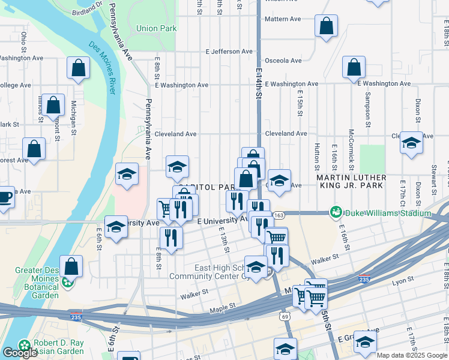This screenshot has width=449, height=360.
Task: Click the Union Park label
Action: click(156, 28)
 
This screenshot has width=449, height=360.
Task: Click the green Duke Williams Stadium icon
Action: click(335, 212)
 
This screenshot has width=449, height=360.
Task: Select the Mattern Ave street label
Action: click(283, 19)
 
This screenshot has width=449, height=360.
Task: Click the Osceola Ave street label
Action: click(283, 61)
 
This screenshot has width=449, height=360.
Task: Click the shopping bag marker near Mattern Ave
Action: click(326, 26)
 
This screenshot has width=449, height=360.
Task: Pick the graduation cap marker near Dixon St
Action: click(411, 143)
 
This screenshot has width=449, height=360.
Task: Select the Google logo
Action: click(20, 353)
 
